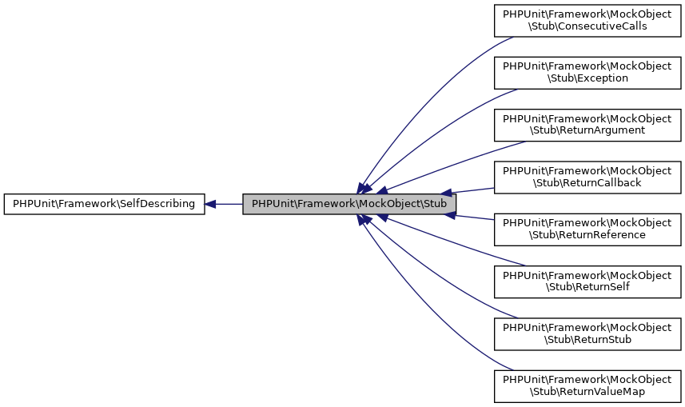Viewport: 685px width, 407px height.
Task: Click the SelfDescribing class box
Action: pyautogui.click(x=104, y=204)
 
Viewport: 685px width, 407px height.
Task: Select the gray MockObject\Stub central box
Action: pyautogui.click(x=349, y=204)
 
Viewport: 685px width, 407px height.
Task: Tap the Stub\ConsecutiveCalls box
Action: pyautogui.click(x=587, y=19)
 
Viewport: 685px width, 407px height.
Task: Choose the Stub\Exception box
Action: pyautogui.click(x=587, y=72)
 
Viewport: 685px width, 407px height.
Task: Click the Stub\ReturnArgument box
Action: pyautogui.click(x=587, y=124)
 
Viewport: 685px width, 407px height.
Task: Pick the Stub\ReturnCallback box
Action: pyautogui.click(x=587, y=177)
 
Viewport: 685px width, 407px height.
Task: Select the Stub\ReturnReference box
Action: pyautogui.click(x=587, y=229)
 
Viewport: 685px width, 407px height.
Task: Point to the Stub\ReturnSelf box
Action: pyautogui.click(x=587, y=281)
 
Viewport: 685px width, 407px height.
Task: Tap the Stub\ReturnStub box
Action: pyautogui.click(x=587, y=333)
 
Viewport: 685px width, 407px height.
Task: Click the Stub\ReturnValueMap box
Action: pyautogui.click(x=587, y=386)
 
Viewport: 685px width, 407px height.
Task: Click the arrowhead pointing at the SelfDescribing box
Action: pyautogui.click(x=210, y=204)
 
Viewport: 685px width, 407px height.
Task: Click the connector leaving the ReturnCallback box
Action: pyautogui.click(x=476, y=190)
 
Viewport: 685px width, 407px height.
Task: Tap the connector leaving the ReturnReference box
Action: pyautogui.click(x=476, y=217)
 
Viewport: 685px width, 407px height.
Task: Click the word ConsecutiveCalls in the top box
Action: pyautogui.click(x=603, y=26)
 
